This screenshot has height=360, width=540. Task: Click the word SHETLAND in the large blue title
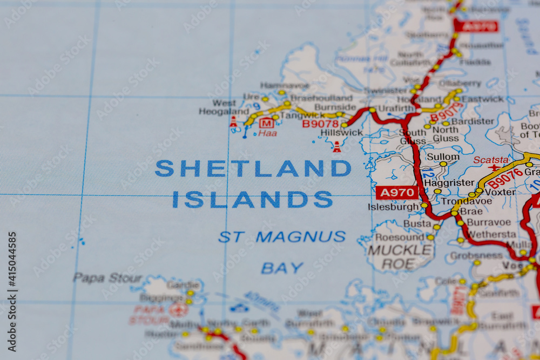click(x=253, y=168)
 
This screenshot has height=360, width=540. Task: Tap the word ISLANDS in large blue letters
click(x=252, y=200)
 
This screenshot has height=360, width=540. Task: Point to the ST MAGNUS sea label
click(x=282, y=236)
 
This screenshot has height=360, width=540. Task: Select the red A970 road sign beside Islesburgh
click(x=397, y=193)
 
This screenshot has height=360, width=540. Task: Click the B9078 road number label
click(x=320, y=124)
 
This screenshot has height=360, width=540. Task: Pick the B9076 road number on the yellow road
click(x=505, y=178)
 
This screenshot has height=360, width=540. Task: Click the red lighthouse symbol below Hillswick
click(x=336, y=147)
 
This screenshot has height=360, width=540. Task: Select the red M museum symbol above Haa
click(x=266, y=123)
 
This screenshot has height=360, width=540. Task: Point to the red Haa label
click(x=267, y=133)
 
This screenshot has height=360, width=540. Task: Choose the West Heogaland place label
click(x=224, y=107)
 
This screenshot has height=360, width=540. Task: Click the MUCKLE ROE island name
click(x=400, y=257)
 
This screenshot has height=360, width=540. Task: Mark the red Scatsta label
click(x=490, y=160)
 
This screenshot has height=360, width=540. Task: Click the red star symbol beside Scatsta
click(x=494, y=167)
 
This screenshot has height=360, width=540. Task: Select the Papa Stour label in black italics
click(x=100, y=278)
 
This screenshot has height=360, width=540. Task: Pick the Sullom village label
click(x=443, y=157)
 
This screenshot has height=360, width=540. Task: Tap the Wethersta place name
click(x=491, y=234)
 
